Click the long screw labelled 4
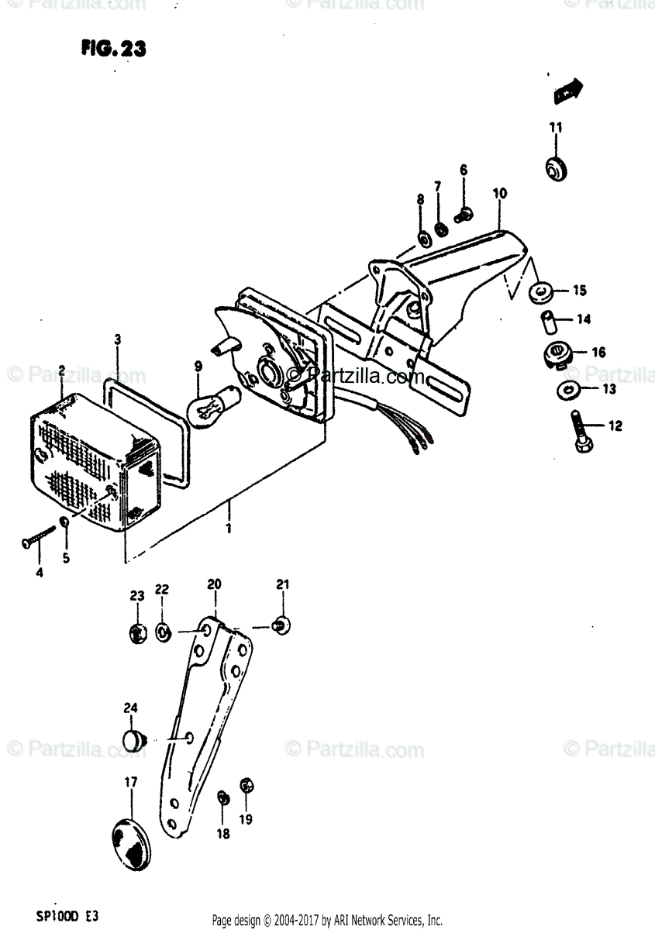pyautogui.click(x=38, y=536)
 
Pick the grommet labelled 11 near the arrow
pyautogui.click(x=555, y=169)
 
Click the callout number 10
pyautogui.click(x=498, y=193)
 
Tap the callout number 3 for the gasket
pyautogui.click(x=117, y=339)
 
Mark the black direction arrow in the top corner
pyautogui.click(x=569, y=91)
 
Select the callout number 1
pyautogui.click(x=229, y=529)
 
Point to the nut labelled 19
pyautogui.click(x=246, y=785)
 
